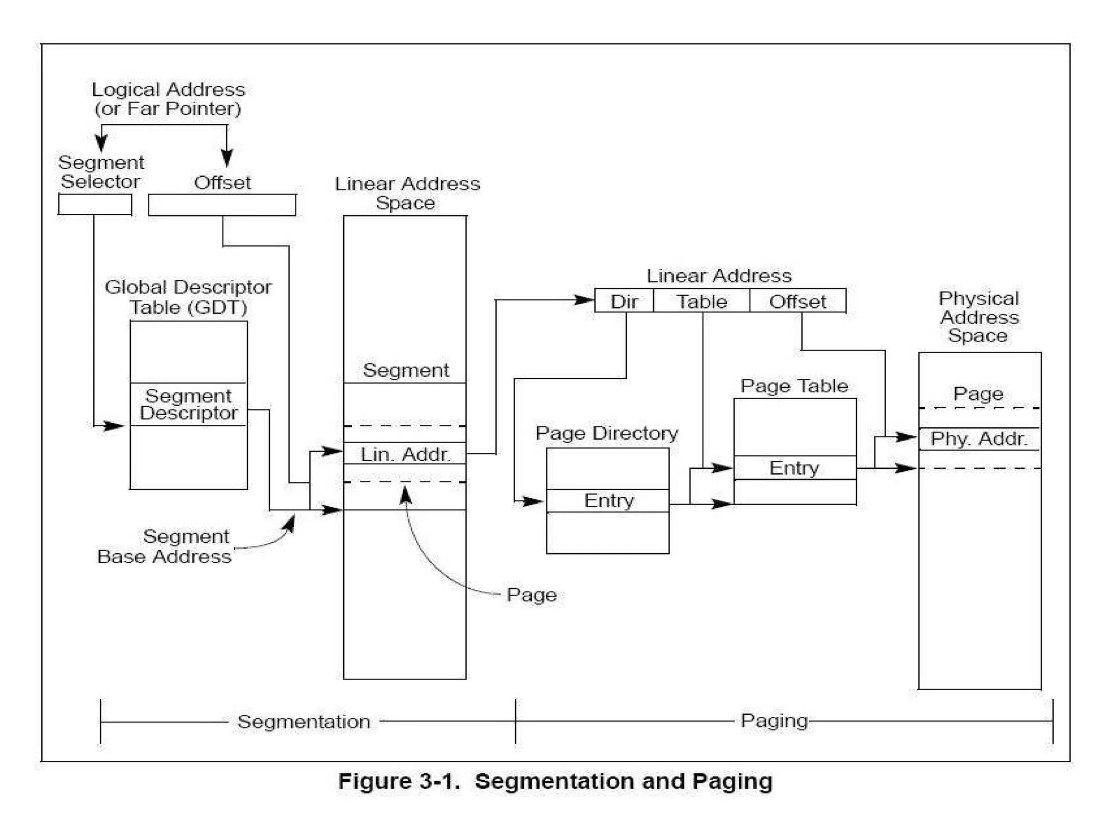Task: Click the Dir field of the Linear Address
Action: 624,301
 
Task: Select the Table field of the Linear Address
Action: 701,301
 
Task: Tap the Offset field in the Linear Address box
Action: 797,301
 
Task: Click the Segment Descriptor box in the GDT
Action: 188,405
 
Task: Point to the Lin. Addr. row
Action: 405,454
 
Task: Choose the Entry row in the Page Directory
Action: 608,500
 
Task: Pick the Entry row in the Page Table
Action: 794,468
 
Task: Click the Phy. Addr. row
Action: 979,439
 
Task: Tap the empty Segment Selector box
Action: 95,204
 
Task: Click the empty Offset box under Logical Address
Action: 222,205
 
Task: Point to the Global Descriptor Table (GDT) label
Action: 188,297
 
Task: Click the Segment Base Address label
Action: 165,547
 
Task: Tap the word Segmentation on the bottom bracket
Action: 303,721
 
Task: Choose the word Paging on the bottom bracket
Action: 774,721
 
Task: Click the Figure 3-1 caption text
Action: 555,781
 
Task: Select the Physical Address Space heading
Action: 979,317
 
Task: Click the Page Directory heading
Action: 606,433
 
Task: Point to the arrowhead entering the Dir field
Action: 584,300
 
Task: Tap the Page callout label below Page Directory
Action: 531,595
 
